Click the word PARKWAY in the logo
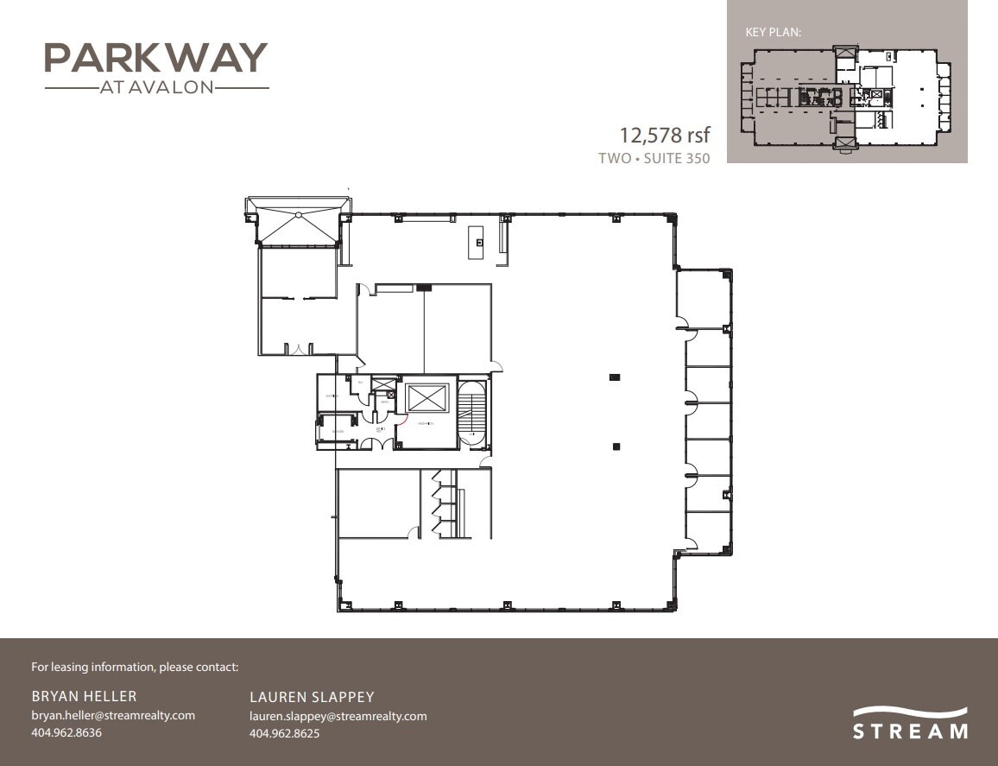tap(155, 58)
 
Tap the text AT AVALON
tap(156, 87)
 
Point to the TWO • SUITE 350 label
tap(654, 158)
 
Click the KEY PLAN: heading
tap(774, 32)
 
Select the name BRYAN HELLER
tap(84, 696)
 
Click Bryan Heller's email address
tap(113, 715)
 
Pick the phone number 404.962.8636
tap(66, 733)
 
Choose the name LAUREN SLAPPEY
tap(312, 697)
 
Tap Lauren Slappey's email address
tap(338, 716)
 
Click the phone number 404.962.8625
tap(284, 734)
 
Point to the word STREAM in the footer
tap(910, 732)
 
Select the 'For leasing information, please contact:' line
tap(135, 667)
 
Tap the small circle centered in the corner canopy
tap(298, 214)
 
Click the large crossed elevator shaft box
tap(428, 399)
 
